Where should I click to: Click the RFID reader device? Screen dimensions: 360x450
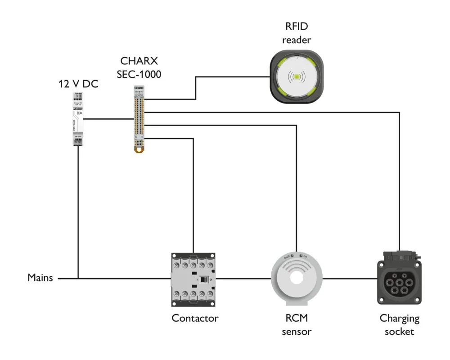[x=296, y=77]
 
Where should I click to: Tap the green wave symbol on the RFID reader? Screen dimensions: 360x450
[x=296, y=77]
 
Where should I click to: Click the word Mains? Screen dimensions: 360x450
[x=40, y=278]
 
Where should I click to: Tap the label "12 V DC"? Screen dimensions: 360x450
[x=78, y=84]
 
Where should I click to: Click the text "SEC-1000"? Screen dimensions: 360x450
[x=140, y=74]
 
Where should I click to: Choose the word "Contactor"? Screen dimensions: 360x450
[x=195, y=318]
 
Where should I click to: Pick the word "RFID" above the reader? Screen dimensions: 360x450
[x=297, y=27]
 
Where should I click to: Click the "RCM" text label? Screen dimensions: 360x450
[x=296, y=319]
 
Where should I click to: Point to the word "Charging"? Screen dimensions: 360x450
[x=400, y=319]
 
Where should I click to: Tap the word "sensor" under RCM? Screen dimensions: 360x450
[x=296, y=332]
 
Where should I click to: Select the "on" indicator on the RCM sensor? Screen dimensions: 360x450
[x=304, y=257]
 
